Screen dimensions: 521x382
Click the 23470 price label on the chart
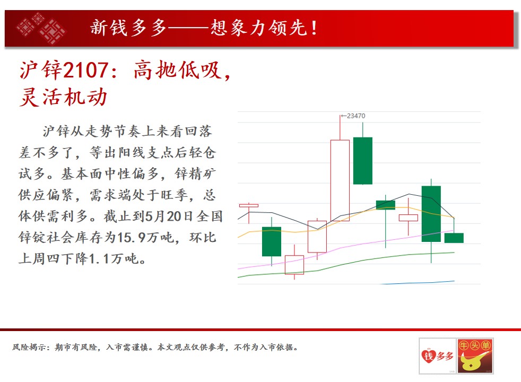pos(356,116)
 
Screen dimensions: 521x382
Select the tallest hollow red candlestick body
pos(340,180)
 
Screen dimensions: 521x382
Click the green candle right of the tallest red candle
pos(363,161)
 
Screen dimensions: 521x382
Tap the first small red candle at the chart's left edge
pos(248,206)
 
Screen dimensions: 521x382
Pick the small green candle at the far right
pos(454,238)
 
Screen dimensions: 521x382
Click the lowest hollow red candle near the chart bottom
pos(294,265)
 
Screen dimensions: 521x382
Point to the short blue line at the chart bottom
pos(418,283)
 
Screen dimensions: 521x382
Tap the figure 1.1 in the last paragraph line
pos(99,259)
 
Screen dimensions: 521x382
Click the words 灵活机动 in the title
pos(64,97)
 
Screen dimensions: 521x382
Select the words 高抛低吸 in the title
pos(177,71)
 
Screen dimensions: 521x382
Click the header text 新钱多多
pos(128,28)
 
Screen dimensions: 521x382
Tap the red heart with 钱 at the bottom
pos(428,356)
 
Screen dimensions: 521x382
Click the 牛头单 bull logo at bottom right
pos(475,356)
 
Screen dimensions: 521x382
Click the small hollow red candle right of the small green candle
pos(409,218)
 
